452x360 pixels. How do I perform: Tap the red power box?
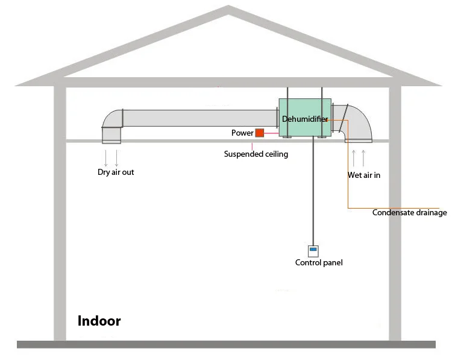[260, 133]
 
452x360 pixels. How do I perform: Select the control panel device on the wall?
[313, 251]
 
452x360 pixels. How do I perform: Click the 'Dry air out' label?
[116, 172]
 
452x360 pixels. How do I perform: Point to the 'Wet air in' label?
[364, 176]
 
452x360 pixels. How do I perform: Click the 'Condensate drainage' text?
[409, 213]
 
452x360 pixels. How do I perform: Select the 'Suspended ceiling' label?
[256, 154]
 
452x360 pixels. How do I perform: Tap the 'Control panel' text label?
[319, 263]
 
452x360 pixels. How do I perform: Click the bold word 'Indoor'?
[99, 321]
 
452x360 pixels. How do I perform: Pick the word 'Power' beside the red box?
[242, 133]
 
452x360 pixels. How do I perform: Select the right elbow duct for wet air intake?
[358, 123]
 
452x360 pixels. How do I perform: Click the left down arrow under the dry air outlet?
[106, 158]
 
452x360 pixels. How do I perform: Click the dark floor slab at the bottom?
[226, 344]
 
